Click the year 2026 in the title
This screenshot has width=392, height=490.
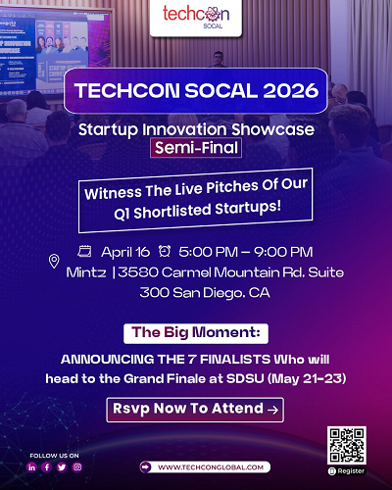pyautogui.click(x=282, y=94)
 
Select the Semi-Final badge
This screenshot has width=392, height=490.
pyautogui.click(x=195, y=148)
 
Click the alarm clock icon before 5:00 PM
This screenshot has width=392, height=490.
pyautogui.click(x=164, y=252)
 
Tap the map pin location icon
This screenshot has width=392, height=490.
pyautogui.click(x=54, y=261)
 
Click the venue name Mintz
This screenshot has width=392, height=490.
pyautogui.click(x=87, y=271)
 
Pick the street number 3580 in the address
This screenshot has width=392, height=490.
pyautogui.click(x=139, y=271)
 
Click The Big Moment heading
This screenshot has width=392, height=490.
pyautogui.click(x=195, y=331)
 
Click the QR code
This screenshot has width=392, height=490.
pyautogui.click(x=347, y=444)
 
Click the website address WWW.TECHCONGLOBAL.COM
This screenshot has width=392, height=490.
pyautogui.click(x=205, y=467)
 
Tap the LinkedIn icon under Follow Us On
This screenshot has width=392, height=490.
pyautogui.click(x=32, y=467)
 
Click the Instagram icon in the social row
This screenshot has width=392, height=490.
pyautogui.click(x=77, y=467)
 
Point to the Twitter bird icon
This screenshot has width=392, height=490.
pyautogui.click(x=62, y=467)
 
